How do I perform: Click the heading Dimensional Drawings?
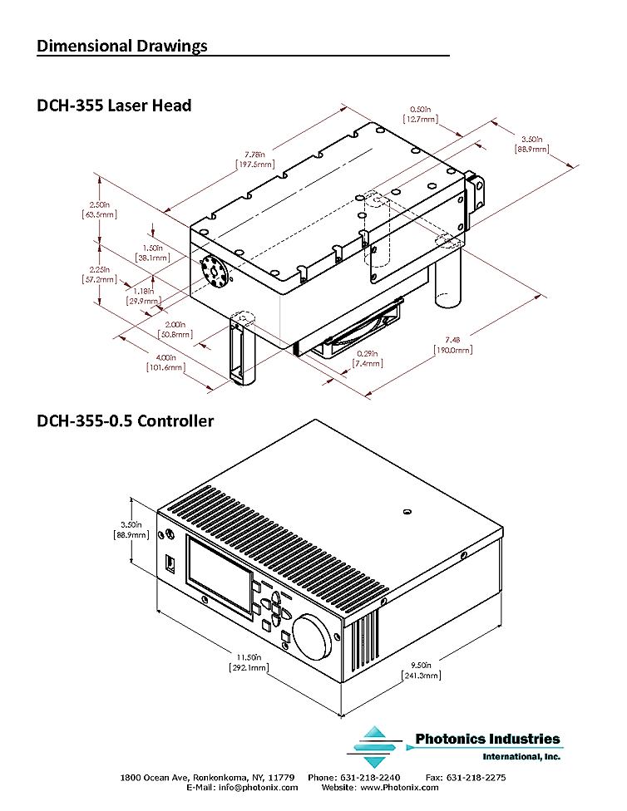[122, 46]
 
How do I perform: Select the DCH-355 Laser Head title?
[114, 106]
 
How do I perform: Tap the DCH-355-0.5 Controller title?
[125, 421]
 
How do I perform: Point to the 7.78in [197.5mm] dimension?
[255, 159]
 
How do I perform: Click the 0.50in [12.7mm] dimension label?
[420, 114]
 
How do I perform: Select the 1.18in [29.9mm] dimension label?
[143, 296]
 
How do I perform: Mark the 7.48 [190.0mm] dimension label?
[452, 344]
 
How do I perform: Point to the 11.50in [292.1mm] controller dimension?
[247, 661]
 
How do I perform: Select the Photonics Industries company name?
[487, 739]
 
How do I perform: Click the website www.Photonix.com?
[402, 787]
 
